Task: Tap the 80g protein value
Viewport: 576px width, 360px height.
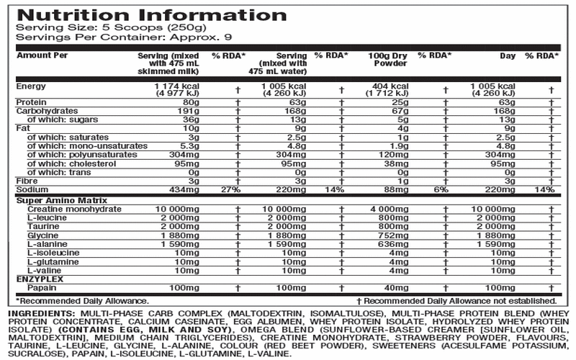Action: click(x=192, y=103)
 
